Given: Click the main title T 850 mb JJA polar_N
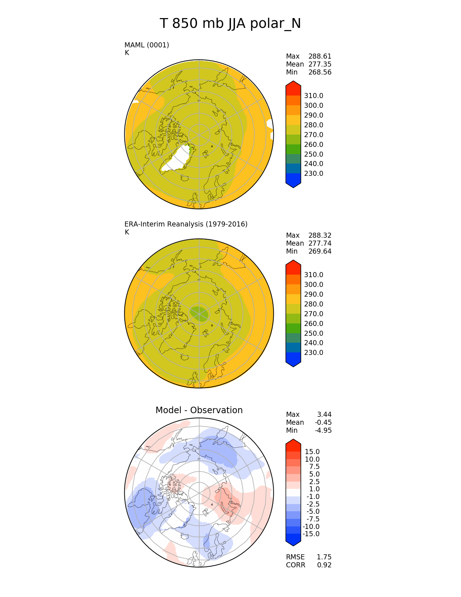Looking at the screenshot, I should pyautogui.click(x=230, y=24).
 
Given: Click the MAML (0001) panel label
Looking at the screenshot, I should pyautogui.click(x=146, y=45).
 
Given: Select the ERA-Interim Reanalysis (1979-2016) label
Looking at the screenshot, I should pyautogui.click(x=186, y=224).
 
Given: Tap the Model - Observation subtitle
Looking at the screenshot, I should pyautogui.click(x=199, y=410).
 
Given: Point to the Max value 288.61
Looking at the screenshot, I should pyautogui.click(x=320, y=56).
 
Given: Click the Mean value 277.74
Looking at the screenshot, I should pyautogui.click(x=320, y=244).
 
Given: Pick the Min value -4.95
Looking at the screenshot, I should pyautogui.click(x=324, y=431).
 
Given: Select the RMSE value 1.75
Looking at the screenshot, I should pyautogui.click(x=324, y=557).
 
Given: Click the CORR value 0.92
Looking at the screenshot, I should pyautogui.click(x=324, y=565).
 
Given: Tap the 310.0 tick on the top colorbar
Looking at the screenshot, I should pyautogui.click(x=313, y=96).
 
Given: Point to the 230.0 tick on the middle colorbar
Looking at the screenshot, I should pyautogui.click(x=313, y=353).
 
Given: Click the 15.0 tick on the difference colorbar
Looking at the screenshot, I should pyautogui.click(x=312, y=452).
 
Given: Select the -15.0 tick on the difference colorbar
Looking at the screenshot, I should pyautogui.click(x=311, y=534).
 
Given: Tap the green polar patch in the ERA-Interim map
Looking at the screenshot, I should pyautogui.click(x=199, y=314).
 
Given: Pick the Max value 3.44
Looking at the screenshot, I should pyautogui.click(x=324, y=415).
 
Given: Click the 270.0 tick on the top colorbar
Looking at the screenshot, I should pyautogui.click(x=313, y=135).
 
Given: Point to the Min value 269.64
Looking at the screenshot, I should pyautogui.click(x=320, y=251).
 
